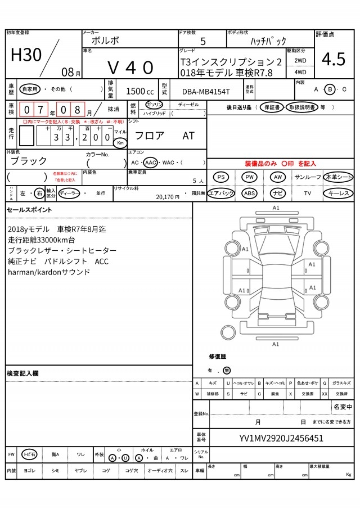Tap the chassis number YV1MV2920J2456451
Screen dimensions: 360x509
[281, 438]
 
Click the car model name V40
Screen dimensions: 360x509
[130, 67]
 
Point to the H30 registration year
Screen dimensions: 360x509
[26, 55]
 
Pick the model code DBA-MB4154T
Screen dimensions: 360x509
[205, 91]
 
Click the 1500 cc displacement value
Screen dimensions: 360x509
[139, 91]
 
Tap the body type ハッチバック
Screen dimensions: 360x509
[268, 41]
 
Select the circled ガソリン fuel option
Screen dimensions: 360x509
[154, 105]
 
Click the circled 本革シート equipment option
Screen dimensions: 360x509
[339, 177]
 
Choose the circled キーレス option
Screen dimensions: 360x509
[339, 193]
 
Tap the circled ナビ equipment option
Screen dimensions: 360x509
[277, 193]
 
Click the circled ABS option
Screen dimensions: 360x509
[249, 193]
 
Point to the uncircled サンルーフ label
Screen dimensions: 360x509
[308, 177]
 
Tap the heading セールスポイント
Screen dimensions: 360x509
[29, 210]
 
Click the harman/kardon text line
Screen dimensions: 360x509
[49, 272]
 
